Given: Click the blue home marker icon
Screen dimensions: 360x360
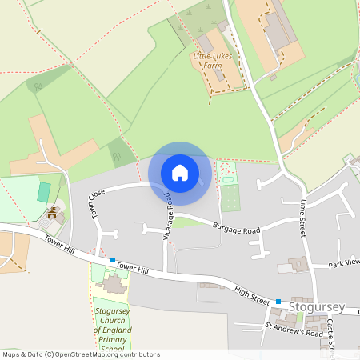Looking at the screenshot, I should pyautogui.click(x=180, y=173).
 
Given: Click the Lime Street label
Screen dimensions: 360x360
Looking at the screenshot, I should pyautogui.click(x=304, y=217).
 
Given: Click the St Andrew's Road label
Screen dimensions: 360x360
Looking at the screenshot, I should pyautogui.click(x=294, y=329).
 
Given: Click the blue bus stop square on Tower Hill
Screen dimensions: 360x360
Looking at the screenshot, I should pyautogui.click(x=114, y=260).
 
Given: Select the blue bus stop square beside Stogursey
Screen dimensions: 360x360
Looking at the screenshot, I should pyautogui.click(x=278, y=302).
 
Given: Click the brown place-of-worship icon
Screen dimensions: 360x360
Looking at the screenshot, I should pyautogui.click(x=53, y=214).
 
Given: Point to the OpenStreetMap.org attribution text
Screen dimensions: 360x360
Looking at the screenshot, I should pyautogui.click(x=80, y=354).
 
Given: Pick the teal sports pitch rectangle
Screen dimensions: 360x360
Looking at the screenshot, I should pyautogui.click(x=44, y=192).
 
